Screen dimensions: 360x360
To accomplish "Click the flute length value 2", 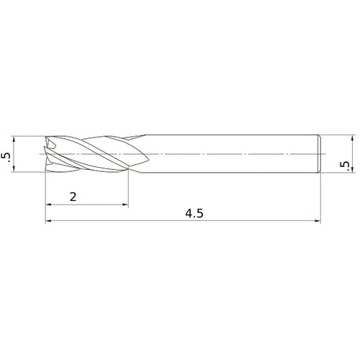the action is (x=73, y=197).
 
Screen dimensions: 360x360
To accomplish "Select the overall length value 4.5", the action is (x=194, y=213).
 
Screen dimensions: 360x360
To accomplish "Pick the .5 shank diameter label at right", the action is (x=344, y=164).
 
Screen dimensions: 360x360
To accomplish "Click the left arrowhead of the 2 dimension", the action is (x=48, y=204).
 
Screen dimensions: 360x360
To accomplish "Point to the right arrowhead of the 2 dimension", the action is (x=125, y=204).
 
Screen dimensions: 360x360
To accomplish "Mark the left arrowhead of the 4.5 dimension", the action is (x=48, y=220).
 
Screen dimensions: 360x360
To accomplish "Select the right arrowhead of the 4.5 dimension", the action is (x=318, y=220).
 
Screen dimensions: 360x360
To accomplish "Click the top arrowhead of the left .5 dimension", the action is (x=14, y=140).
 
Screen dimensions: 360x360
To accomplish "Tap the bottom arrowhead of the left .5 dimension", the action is (x=14, y=168).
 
